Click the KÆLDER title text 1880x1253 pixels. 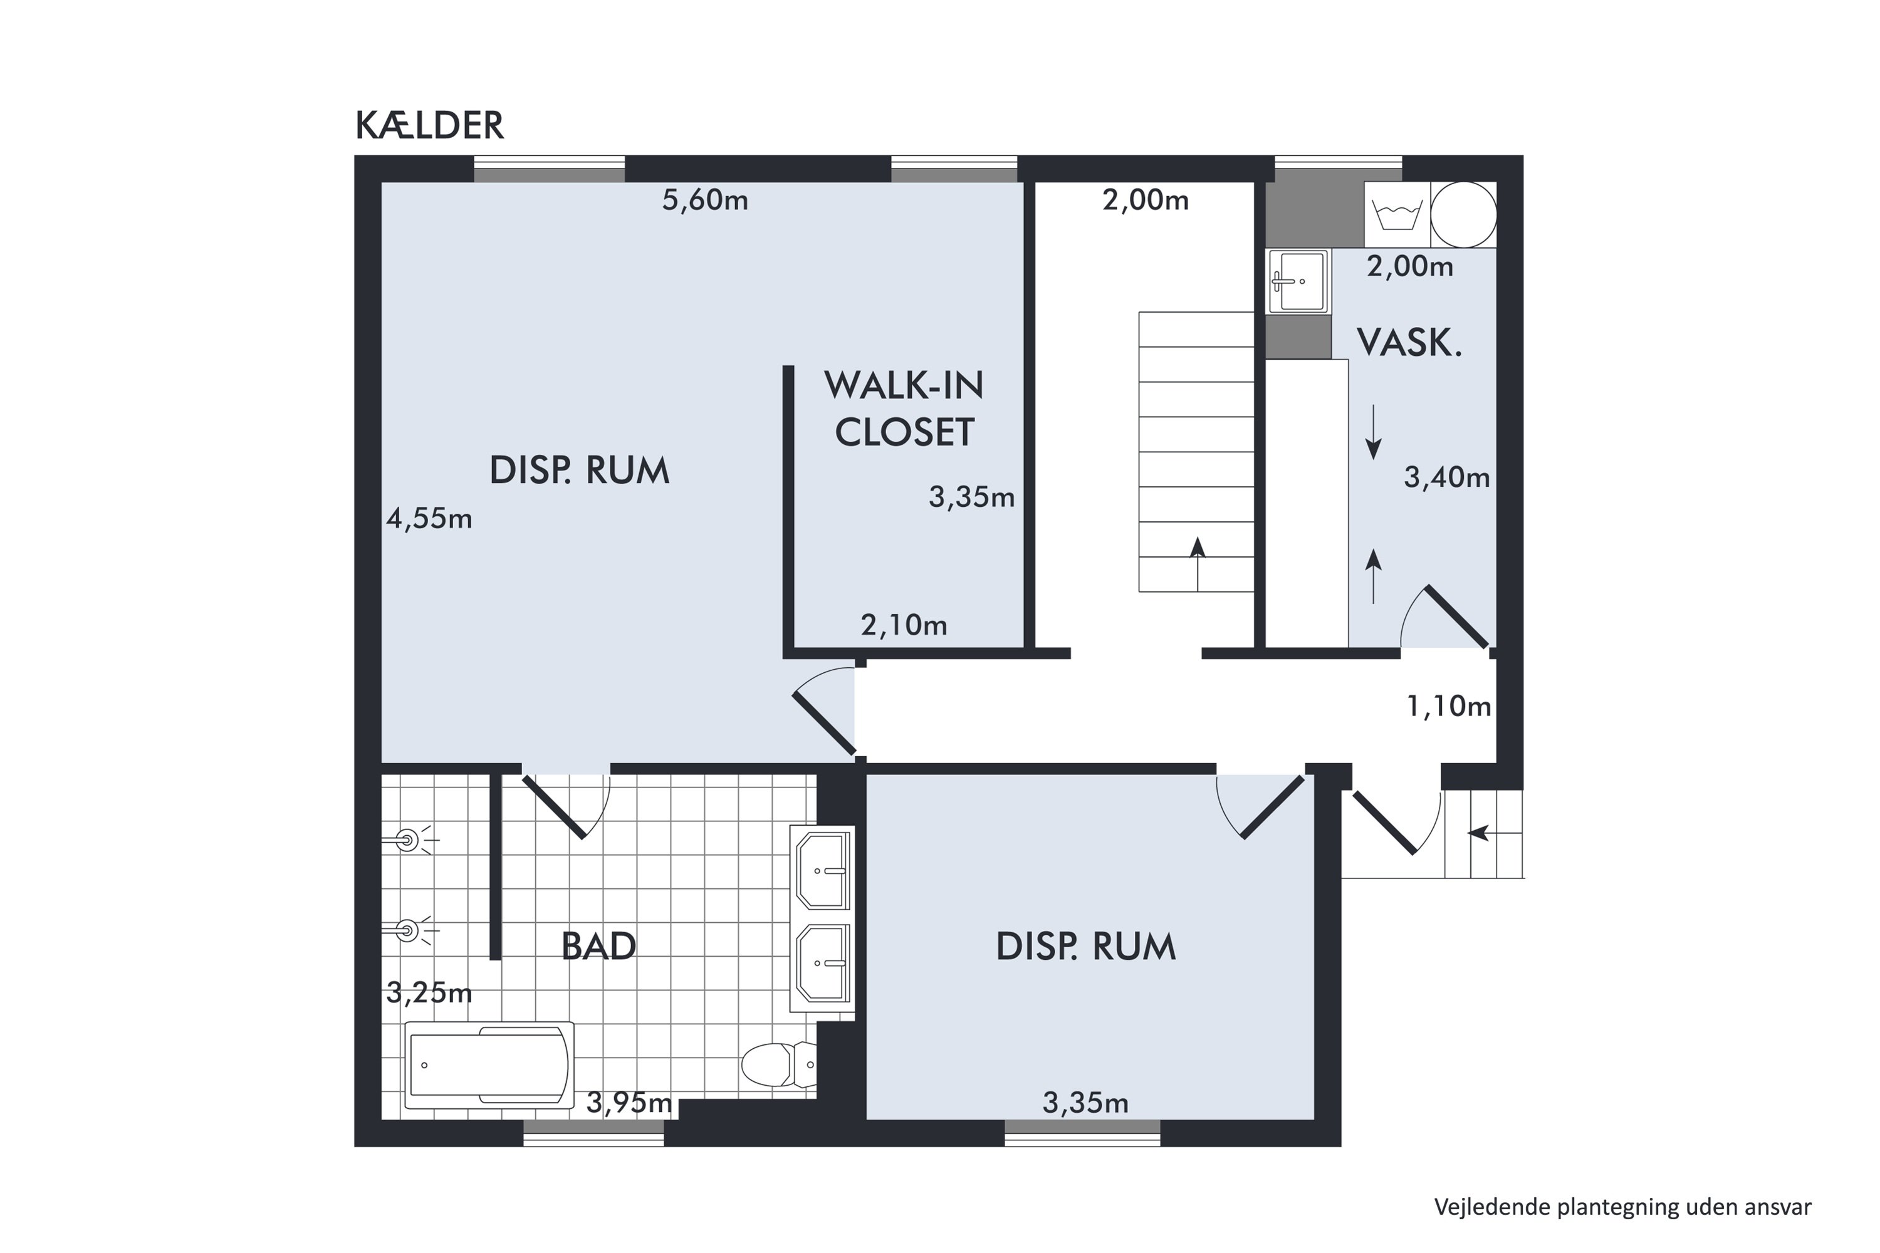[x=429, y=125]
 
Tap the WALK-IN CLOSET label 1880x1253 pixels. [x=904, y=408]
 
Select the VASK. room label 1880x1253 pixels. [x=1409, y=343]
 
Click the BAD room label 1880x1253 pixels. [x=598, y=947]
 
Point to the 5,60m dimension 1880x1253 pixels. [x=705, y=200]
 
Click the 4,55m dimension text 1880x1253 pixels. [x=429, y=519]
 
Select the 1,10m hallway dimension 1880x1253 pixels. [x=1448, y=707]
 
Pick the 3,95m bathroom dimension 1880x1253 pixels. [x=629, y=1103]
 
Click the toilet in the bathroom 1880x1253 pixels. [x=777, y=1064]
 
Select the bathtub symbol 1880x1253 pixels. [x=489, y=1065]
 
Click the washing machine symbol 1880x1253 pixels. [x=1396, y=215]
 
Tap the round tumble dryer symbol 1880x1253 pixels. [x=1463, y=215]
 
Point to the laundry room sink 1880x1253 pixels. [x=1298, y=281]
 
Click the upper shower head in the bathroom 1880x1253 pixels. [x=409, y=841]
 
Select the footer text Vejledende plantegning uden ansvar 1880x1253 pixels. [x=1622, y=1207]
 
